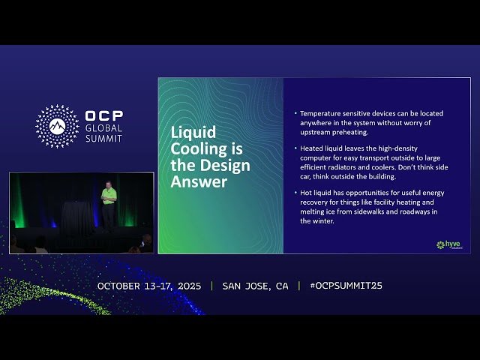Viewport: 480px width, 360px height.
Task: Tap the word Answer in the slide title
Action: [199, 181]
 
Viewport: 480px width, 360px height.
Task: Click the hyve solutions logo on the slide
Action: [450, 245]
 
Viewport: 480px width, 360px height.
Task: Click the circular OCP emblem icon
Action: [57, 125]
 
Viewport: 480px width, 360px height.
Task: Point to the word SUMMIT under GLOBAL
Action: [104, 139]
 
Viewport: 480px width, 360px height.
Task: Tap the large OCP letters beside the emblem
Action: [104, 116]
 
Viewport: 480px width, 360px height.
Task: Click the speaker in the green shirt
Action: [109, 201]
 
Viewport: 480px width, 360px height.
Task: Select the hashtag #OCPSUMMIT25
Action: [346, 286]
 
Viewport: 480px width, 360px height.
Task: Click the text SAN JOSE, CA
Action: [255, 286]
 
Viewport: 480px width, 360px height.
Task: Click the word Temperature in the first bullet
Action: [321, 113]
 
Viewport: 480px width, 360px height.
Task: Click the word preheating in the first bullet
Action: [347, 131]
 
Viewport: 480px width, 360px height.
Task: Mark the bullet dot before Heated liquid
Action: [295, 148]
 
